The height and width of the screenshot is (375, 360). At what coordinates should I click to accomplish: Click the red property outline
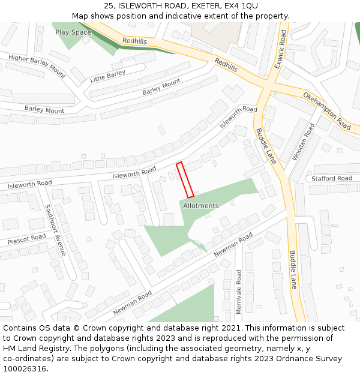[x=185, y=179]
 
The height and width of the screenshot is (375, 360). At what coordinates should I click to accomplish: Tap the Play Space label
[x=73, y=32]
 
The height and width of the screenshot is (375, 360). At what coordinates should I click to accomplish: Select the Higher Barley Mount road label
[x=37, y=66]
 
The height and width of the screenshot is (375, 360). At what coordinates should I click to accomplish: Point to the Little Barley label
[x=107, y=76]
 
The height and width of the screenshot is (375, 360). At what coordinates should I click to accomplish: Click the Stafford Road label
[x=331, y=178]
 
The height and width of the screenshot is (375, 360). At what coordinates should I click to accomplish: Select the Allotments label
[x=200, y=206]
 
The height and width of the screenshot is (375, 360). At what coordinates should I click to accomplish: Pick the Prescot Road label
[x=26, y=239]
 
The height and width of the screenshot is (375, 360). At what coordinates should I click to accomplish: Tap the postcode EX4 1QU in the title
[x=241, y=6]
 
